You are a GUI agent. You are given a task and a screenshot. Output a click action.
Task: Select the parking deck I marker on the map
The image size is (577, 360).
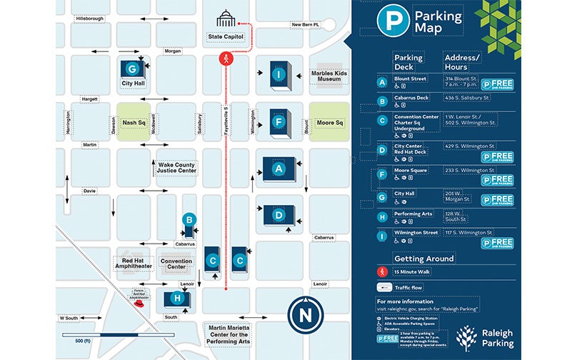coord(277,72)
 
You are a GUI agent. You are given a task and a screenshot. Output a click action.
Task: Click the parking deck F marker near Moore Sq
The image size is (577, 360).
coord(277,121)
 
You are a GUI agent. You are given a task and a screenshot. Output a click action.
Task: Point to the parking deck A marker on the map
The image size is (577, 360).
coord(276,169)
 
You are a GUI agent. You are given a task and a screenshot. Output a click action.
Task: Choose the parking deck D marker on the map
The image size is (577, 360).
coord(278,214)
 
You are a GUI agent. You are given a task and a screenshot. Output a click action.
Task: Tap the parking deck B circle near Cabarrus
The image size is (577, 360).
coord(189,219)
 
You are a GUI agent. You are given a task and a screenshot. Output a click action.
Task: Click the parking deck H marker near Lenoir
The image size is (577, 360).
coord(176,298)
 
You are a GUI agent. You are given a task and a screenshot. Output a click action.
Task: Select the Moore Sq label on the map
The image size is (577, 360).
coord(330,122)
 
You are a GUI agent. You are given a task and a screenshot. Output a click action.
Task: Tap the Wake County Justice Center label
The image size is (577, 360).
coord(177,169)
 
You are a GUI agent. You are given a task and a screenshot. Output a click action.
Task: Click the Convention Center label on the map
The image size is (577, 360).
coord(176,264)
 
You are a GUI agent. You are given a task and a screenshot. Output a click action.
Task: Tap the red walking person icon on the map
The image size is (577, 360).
coord(226,60)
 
